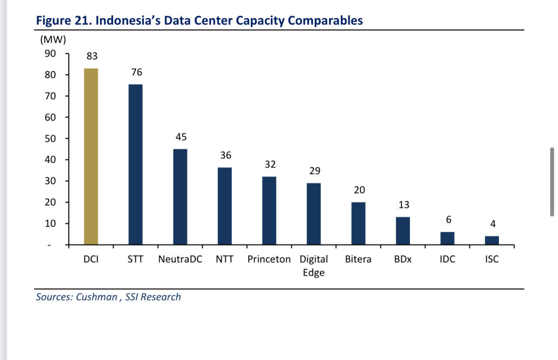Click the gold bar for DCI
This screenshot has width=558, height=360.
coord(91,157)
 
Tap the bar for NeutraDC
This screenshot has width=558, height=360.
coord(180,197)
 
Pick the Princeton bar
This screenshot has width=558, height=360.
coord(269,210)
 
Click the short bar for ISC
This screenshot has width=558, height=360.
coord(492,240)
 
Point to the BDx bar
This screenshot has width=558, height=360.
coord(403,231)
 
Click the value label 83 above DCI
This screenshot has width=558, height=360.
coord(92,57)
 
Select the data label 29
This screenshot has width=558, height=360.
coord(315,171)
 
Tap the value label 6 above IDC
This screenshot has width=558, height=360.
coord(448,220)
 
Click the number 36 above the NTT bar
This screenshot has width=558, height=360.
coord(226,155)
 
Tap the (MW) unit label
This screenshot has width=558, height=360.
coord(53,40)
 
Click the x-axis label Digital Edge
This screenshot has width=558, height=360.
coord(314,266)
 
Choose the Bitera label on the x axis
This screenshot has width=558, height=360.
coord(358,260)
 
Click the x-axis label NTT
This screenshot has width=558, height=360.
coord(225,260)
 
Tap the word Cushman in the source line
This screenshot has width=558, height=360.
coord(96,297)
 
